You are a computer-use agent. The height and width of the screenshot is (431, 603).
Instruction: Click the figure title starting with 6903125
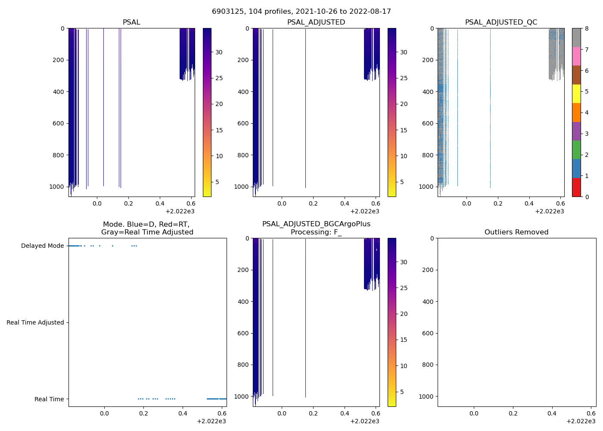301,12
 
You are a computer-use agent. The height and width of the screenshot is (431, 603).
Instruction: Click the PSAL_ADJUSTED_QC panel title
501,22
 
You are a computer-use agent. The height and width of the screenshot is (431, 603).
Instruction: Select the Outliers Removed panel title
516,232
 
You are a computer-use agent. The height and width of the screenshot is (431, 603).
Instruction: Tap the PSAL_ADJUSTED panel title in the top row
316,22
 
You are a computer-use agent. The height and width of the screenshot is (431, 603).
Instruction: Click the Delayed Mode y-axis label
42,246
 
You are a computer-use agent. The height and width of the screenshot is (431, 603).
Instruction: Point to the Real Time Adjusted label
35,323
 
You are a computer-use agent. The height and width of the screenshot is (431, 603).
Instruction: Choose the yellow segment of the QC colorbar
576,94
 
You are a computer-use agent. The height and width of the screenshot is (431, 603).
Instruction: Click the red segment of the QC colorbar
576,187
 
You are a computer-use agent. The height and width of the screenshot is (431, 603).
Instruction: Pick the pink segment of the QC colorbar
576,56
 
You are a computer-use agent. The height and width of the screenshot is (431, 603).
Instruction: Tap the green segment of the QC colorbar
576,150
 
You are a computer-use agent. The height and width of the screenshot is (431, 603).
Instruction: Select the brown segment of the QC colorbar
576,75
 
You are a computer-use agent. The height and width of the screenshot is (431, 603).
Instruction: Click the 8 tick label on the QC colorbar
587,28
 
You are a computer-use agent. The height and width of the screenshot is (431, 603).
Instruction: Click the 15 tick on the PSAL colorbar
219,130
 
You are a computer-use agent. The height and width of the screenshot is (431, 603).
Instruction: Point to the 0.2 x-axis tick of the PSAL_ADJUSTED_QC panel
498,203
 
